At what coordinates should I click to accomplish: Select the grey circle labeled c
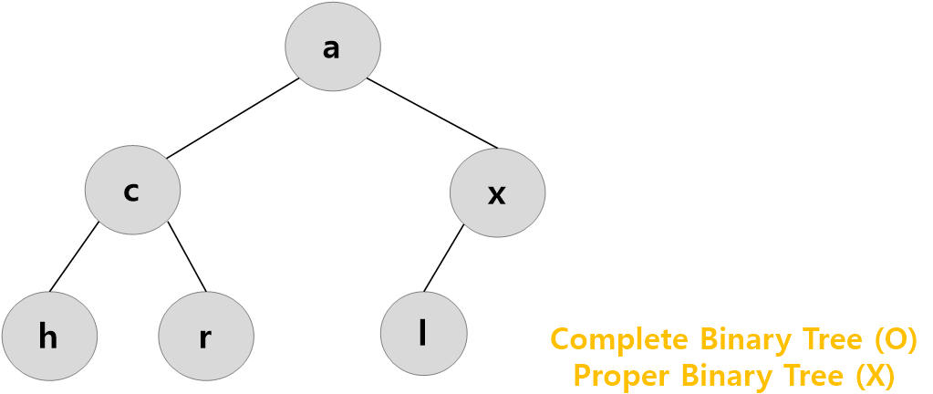[132, 191]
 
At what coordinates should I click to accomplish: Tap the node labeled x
[497, 192]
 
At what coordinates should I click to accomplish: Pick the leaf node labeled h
[49, 337]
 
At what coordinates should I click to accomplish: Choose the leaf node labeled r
[205, 337]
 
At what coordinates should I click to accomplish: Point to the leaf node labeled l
[423, 334]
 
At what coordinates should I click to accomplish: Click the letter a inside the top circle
[331, 48]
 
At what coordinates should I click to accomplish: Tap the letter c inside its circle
[131, 192]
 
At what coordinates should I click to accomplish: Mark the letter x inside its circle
[496, 194]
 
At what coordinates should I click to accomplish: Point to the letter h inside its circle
[48, 337]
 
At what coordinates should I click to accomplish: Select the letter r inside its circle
[205, 338]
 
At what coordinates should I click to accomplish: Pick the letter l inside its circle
[422, 334]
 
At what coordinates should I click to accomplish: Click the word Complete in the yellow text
[619, 339]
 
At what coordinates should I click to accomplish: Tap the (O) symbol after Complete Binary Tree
[895, 339]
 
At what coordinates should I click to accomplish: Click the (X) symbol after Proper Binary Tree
[873, 375]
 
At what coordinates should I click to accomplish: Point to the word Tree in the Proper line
[814, 375]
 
